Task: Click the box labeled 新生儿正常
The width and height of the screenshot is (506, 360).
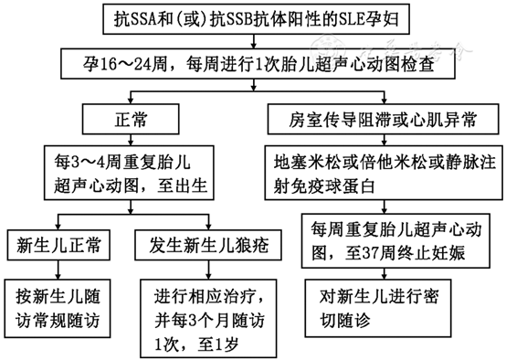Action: (59, 245)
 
